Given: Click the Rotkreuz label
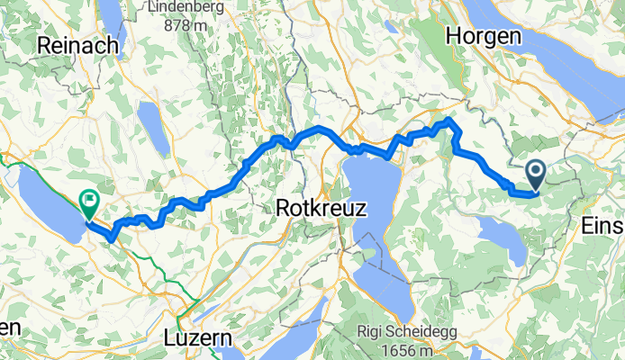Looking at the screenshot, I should pos(322,208).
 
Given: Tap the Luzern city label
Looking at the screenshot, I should pos(198,338).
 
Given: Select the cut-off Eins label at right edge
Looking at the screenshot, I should pos(603,225).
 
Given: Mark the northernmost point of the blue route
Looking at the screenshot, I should pos(449,120).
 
